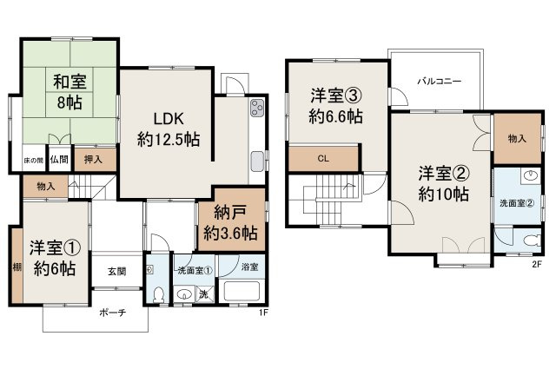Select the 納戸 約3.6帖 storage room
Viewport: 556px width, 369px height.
point(230,221)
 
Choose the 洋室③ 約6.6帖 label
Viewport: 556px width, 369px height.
point(337,106)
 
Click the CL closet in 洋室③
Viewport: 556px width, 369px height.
point(322,159)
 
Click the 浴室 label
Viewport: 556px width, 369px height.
point(248,267)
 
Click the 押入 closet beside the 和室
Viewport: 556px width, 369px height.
point(92,159)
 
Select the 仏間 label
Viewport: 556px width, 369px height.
point(58,159)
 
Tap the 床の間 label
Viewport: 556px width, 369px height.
point(32,160)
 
